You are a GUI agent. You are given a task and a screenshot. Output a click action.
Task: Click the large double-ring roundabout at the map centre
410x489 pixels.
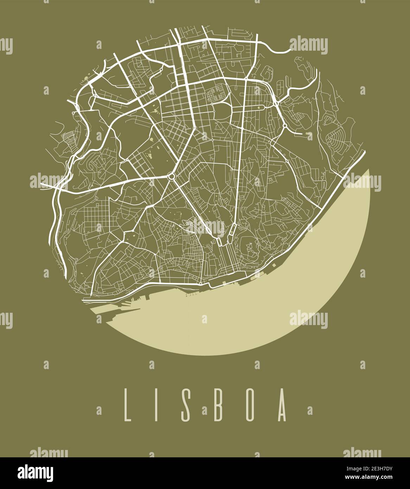pyautogui.click(x=172, y=176)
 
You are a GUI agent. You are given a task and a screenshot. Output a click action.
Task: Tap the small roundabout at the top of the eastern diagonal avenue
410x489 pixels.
pyautogui.click(x=285, y=125)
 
